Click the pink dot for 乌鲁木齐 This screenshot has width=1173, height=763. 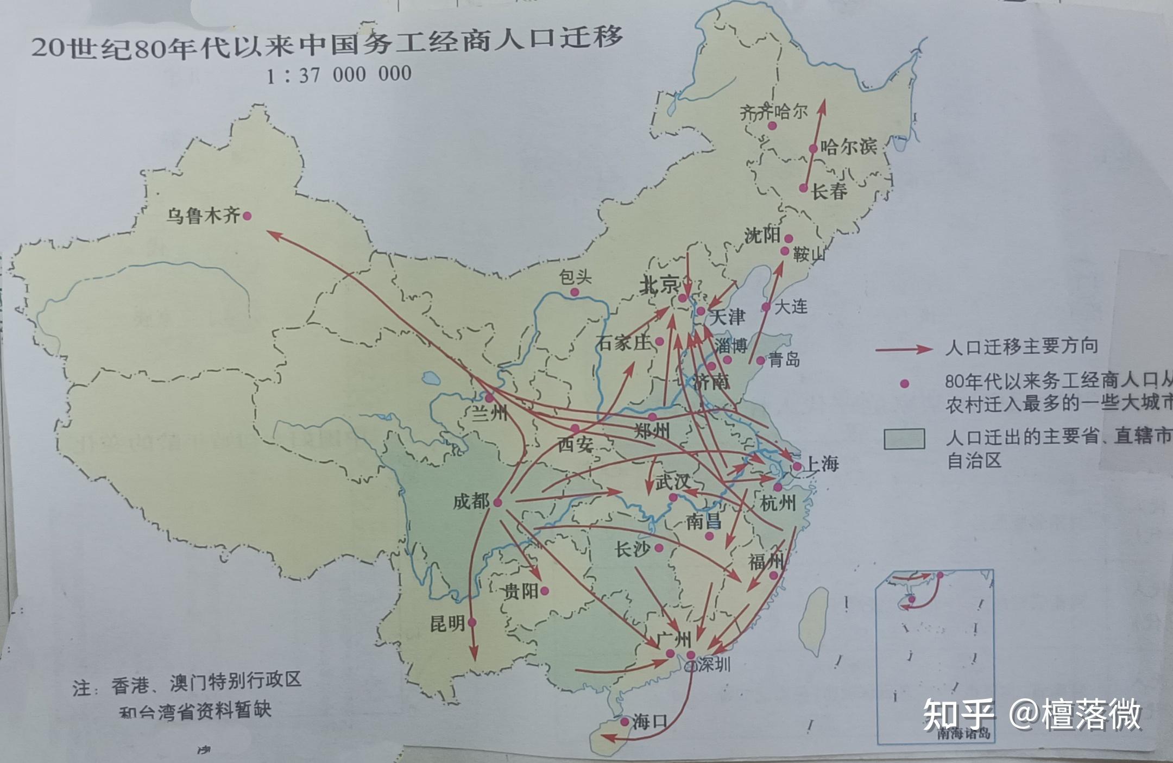(x=247, y=216)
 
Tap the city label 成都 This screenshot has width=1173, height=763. (x=471, y=501)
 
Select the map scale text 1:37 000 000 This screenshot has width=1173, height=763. (x=339, y=74)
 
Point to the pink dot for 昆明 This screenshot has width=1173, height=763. (x=472, y=622)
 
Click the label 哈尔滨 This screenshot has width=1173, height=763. (x=848, y=147)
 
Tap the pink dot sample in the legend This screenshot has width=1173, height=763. (x=904, y=384)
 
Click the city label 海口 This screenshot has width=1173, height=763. (x=649, y=722)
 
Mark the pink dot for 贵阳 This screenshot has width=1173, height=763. (x=545, y=591)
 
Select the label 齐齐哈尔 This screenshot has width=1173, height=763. (x=773, y=112)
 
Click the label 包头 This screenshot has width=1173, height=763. (x=575, y=278)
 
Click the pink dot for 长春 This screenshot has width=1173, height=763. (x=803, y=188)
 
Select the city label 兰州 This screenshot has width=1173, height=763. (x=489, y=414)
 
